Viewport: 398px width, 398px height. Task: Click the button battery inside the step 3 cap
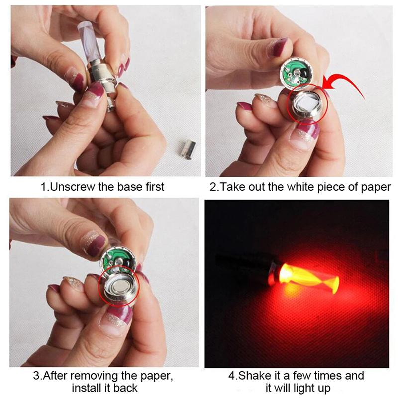119,288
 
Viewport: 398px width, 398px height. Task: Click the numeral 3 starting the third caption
36,376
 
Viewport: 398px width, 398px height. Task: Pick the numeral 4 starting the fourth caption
232,376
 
